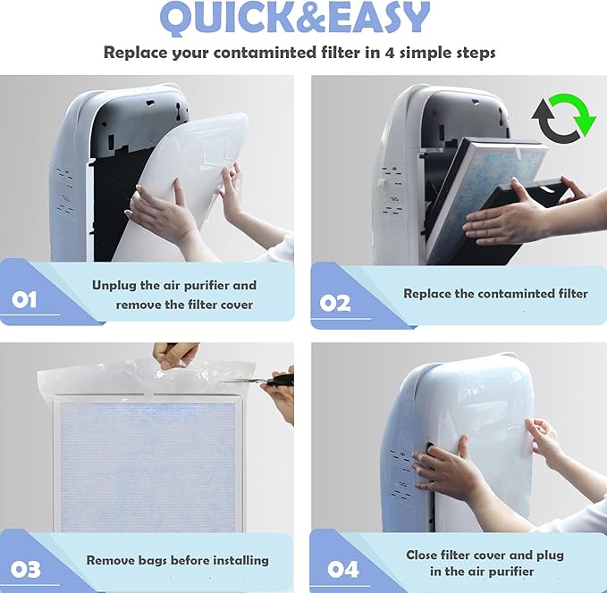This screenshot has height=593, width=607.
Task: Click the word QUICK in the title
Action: pyautogui.click(x=227, y=18)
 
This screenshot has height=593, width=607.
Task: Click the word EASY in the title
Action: pyautogui.click(x=377, y=18)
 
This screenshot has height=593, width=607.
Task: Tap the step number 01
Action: pyautogui.click(x=24, y=299)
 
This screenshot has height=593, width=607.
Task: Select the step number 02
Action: pyautogui.click(x=335, y=303)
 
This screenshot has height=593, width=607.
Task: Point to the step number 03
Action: pyautogui.click(x=26, y=569)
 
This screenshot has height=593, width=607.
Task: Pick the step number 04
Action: pyautogui.click(x=343, y=570)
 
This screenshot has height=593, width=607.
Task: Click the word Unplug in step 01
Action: pyautogui.click(x=114, y=286)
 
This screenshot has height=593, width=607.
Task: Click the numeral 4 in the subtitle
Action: pyautogui.click(x=390, y=53)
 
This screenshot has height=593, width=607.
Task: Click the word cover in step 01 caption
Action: pyautogui.click(x=237, y=305)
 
